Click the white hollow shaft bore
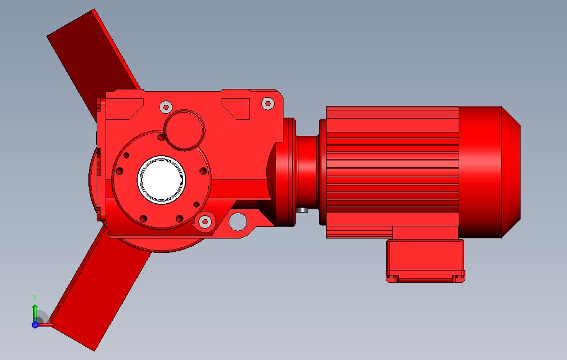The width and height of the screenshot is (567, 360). click(161, 179)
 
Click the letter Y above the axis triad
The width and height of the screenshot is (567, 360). click(35, 298)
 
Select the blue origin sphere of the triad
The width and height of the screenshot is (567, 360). click(35, 325)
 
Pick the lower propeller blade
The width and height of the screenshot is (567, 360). click(98, 289)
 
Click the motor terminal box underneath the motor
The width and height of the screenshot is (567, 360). click(426, 260)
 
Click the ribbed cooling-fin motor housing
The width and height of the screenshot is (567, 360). click(392, 172)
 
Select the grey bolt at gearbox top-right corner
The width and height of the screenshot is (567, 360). click(267, 103)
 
